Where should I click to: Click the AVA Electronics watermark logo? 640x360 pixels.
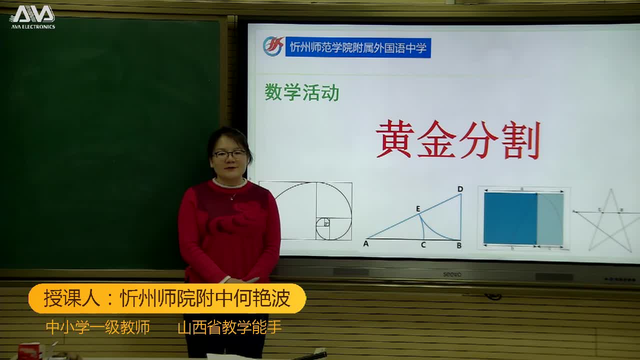pyautogui.click(x=32, y=16)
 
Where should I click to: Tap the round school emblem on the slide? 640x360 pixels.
pyautogui.click(x=273, y=46)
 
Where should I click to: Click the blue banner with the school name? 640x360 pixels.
pyautogui.click(x=358, y=47)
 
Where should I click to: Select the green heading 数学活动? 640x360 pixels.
pyautogui.click(x=302, y=92)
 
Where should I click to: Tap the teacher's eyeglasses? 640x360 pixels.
pyautogui.click(x=230, y=154)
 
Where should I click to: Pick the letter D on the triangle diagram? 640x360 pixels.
pyautogui.click(x=460, y=189)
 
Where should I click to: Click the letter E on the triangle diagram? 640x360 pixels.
pyautogui.click(x=418, y=209)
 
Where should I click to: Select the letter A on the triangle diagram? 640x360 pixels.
pyautogui.click(x=366, y=244)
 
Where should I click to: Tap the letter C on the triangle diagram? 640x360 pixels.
pyautogui.click(x=423, y=245)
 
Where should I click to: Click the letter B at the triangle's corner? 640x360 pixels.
pyautogui.click(x=459, y=245)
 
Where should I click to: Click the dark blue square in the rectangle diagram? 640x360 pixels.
pyautogui.click(x=510, y=218)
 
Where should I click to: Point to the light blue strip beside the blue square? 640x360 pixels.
pyautogui.click(x=550, y=218)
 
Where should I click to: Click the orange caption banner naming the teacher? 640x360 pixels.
pyautogui.click(x=167, y=298)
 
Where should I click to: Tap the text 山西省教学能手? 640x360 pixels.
pyautogui.click(x=230, y=327)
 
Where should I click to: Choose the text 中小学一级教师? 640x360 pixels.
pyautogui.click(x=98, y=327)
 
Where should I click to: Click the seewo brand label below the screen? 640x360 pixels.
pyautogui.click(x=452, y=273)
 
